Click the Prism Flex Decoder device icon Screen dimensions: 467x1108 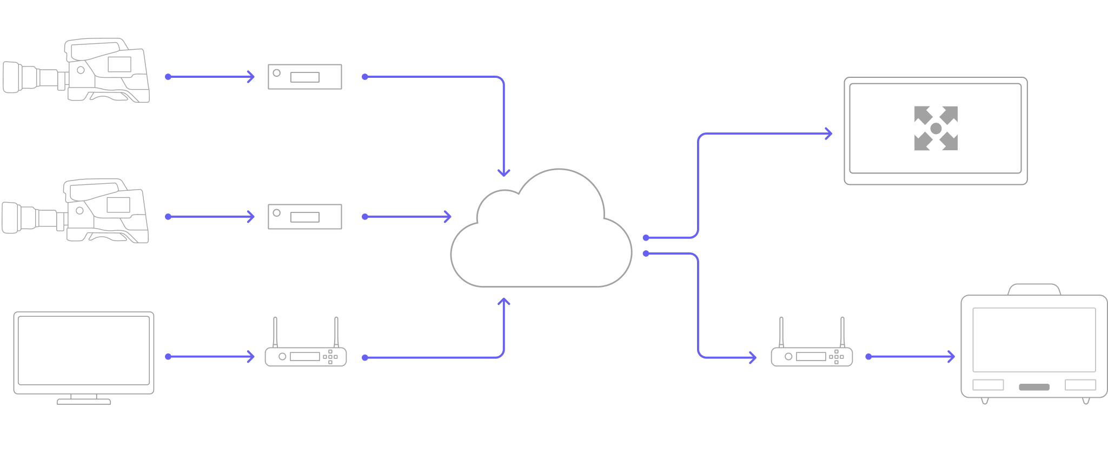click(811, 356)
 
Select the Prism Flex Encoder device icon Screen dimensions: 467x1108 click(306, 356)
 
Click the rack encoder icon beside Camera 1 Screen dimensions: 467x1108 click(305, 77)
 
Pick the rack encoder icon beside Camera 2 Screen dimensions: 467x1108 click(305, 217)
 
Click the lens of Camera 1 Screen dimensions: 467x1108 click(13, 77)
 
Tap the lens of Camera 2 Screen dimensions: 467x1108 click(12, 217)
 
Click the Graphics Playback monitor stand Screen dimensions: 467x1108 click(84, 401)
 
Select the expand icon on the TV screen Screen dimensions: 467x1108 click(936, 128)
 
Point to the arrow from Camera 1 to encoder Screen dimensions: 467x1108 click(211, 77)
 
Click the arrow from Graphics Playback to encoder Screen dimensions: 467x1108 click(211, 357)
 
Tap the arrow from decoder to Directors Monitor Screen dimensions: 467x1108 click(911, 357)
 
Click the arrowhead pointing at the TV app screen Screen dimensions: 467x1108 click(827, 134)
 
